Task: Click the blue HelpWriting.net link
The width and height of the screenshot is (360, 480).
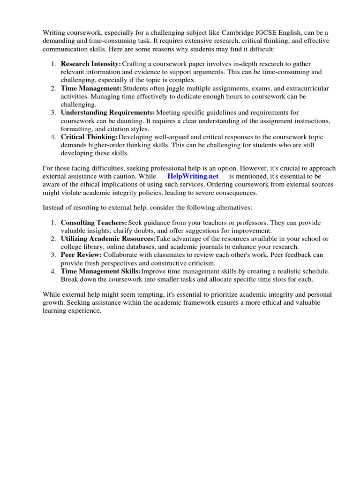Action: click(193, 176)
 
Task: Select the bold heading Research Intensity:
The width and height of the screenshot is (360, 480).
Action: click(90, 64)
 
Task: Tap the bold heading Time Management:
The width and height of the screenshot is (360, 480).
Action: click(91, 88)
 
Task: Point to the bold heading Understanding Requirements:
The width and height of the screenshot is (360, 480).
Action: click(108, 112)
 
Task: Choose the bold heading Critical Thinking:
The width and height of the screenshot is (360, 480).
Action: click(89, 137)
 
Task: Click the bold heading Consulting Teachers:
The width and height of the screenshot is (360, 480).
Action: click(94, 223)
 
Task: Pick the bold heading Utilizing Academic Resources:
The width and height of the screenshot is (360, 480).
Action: click(108, 239)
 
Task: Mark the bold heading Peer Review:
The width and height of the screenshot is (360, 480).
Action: click(81, 255)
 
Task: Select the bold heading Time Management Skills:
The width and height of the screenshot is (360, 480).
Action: click(100, 271)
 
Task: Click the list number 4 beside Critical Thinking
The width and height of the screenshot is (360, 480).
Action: click(54, 137)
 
